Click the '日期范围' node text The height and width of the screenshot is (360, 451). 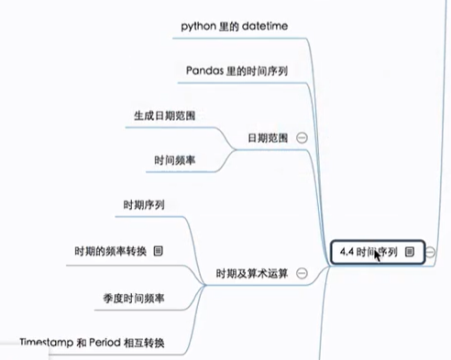tap(268, 137)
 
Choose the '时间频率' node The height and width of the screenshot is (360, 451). tap(177, 160)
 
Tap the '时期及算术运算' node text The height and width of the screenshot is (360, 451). tap(251, 273)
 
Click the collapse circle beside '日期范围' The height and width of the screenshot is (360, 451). tap(302, 137)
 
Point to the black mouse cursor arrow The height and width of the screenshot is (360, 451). tap(376, 253)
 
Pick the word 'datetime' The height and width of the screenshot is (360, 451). tap(261, 26)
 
